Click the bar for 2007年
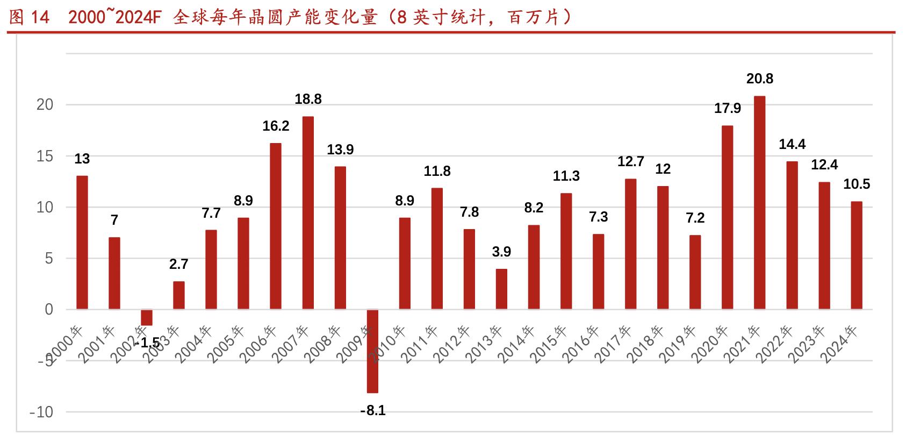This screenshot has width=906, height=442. coord(308,212)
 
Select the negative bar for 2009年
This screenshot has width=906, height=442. coord(372,351)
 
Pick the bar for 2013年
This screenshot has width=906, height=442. coord(501,289)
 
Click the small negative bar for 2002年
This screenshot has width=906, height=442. coord(147,317)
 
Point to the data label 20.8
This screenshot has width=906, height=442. coord(759,79)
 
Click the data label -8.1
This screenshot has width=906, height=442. coord(372,411)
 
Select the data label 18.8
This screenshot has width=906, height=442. coord(308,99)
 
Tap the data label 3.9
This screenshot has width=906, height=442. coord(501,252)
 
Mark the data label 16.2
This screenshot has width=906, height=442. coord(276,126)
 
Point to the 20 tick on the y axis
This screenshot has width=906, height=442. coord(45,105)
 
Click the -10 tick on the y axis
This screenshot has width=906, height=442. coord(41,412)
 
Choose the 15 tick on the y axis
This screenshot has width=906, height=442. coord(45,156)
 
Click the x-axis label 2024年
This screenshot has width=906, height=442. coord(842,344)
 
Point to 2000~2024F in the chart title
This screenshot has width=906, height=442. coord(115,18)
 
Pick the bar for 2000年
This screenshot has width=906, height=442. coord(82,242)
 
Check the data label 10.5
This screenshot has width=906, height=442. coord(857,184)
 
